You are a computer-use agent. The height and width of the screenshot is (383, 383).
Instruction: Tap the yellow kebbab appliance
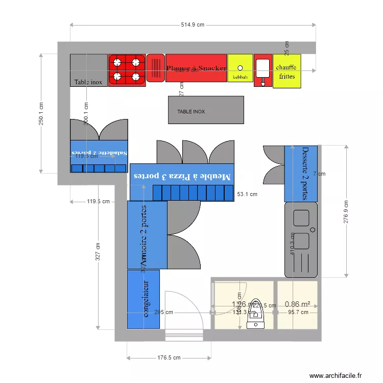coord(240,68)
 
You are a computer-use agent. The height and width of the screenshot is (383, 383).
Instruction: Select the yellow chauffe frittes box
coord(286,71)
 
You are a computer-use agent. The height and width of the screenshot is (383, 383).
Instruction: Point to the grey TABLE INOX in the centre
coord(206,110)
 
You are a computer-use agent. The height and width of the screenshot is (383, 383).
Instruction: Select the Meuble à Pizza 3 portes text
coord(182,176)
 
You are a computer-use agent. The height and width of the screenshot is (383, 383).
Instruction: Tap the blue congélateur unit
coord(143,299)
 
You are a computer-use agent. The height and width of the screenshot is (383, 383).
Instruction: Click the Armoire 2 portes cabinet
coord(147,235)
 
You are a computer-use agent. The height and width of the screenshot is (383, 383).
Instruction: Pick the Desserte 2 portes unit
coord(301,174)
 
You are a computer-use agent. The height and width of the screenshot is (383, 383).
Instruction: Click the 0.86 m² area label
coord(298,304)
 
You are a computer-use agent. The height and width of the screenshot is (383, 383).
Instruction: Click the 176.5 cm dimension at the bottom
coord(169,358)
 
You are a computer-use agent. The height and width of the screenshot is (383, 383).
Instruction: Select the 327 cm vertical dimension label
coord(98,252)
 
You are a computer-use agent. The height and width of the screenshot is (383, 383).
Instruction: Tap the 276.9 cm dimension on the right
coord(346,210)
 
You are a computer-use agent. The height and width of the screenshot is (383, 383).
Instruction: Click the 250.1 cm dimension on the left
coord(41,113)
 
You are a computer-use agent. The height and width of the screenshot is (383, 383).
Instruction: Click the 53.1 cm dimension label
coord(247,194)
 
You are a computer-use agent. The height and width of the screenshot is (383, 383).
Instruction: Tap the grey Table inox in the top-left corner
coord(89,70)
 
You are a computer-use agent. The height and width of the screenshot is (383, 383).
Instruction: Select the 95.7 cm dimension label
coord(298,312)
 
